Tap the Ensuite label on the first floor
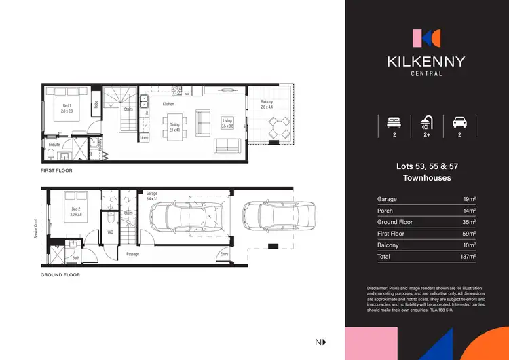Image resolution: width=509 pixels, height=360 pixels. [x=54, y=144]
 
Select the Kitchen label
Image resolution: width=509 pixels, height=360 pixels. [x=168, y=104]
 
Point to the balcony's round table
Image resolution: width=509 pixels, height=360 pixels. [x=279, y=127]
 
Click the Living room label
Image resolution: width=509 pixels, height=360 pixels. [x=227, y=124]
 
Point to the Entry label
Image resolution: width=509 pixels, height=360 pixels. [x=225, y=254]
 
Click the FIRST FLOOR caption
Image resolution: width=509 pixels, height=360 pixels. [x=57, y=170]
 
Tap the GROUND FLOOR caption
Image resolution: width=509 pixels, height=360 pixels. [x=60, y=275]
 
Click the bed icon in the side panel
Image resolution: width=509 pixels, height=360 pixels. [x=394, y=123]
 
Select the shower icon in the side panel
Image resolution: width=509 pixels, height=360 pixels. [x=426, y=123]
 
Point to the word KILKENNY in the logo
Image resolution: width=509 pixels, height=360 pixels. [x=426, y=62]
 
